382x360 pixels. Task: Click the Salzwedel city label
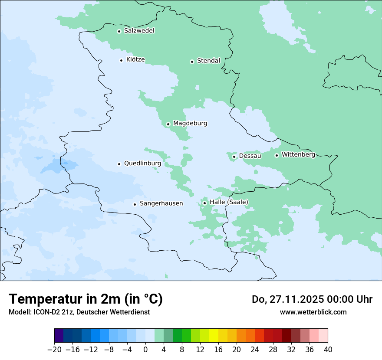139,31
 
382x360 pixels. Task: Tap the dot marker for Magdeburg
168,124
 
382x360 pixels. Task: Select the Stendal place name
208,61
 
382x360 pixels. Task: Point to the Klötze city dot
121,60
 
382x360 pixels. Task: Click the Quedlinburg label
142,164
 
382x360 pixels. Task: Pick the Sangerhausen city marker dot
135,204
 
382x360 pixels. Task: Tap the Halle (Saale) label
229,202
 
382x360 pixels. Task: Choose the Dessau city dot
234,157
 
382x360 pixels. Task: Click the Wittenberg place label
298,154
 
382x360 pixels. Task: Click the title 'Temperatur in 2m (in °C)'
86,299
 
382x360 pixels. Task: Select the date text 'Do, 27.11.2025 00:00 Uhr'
312,299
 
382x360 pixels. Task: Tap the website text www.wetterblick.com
313,312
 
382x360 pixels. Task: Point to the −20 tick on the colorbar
55,350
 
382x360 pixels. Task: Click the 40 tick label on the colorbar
328,350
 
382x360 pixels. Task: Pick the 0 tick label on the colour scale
145,350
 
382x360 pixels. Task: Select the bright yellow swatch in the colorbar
214,336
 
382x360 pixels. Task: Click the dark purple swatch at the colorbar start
59,336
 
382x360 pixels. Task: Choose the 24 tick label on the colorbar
255,350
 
